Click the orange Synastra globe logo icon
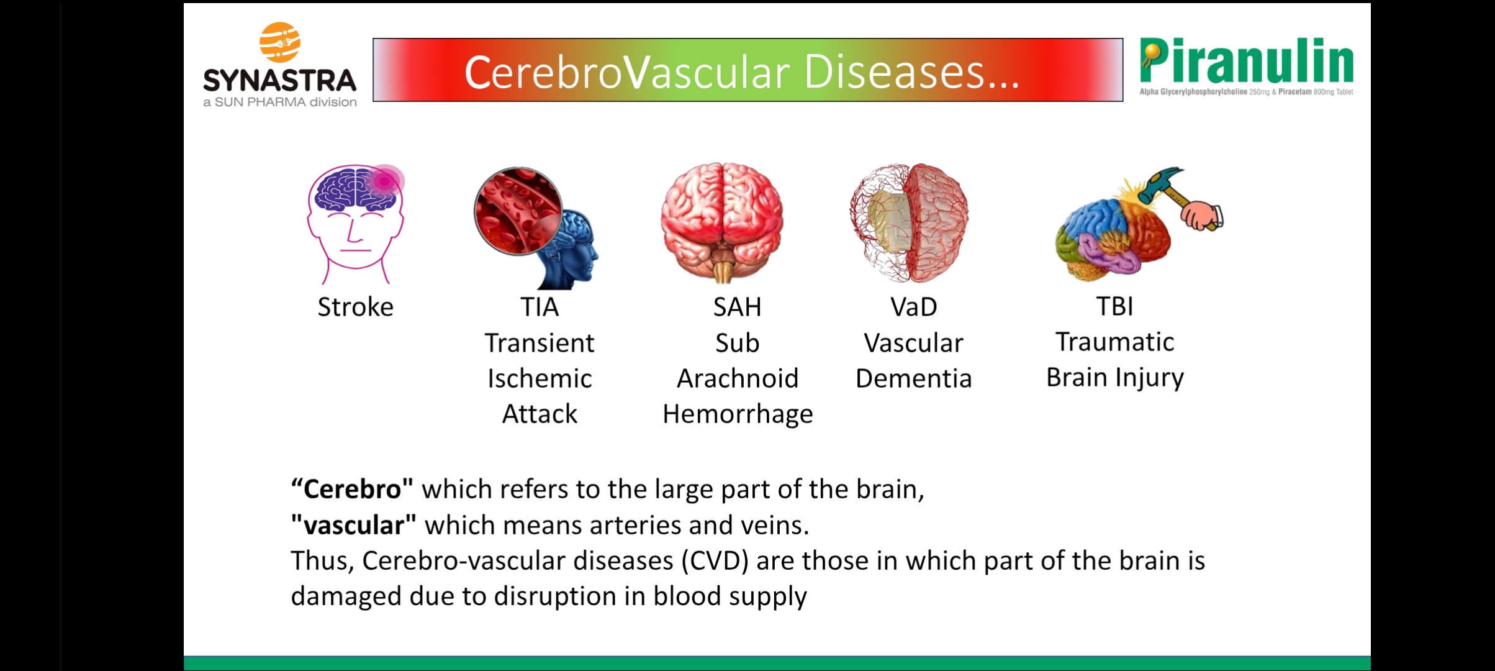point(280,42)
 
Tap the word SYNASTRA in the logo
point(280,80)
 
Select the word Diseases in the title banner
point(911,72)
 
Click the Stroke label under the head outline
point(356,307)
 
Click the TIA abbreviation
point(540,307)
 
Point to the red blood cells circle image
point(518,211)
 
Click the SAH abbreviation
point(737,307)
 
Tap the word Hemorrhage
point(738,414)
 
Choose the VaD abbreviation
point(914,307)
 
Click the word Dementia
point(914,378)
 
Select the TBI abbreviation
point(1115,306)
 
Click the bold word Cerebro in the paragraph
point(352,490)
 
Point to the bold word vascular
point(353,526)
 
